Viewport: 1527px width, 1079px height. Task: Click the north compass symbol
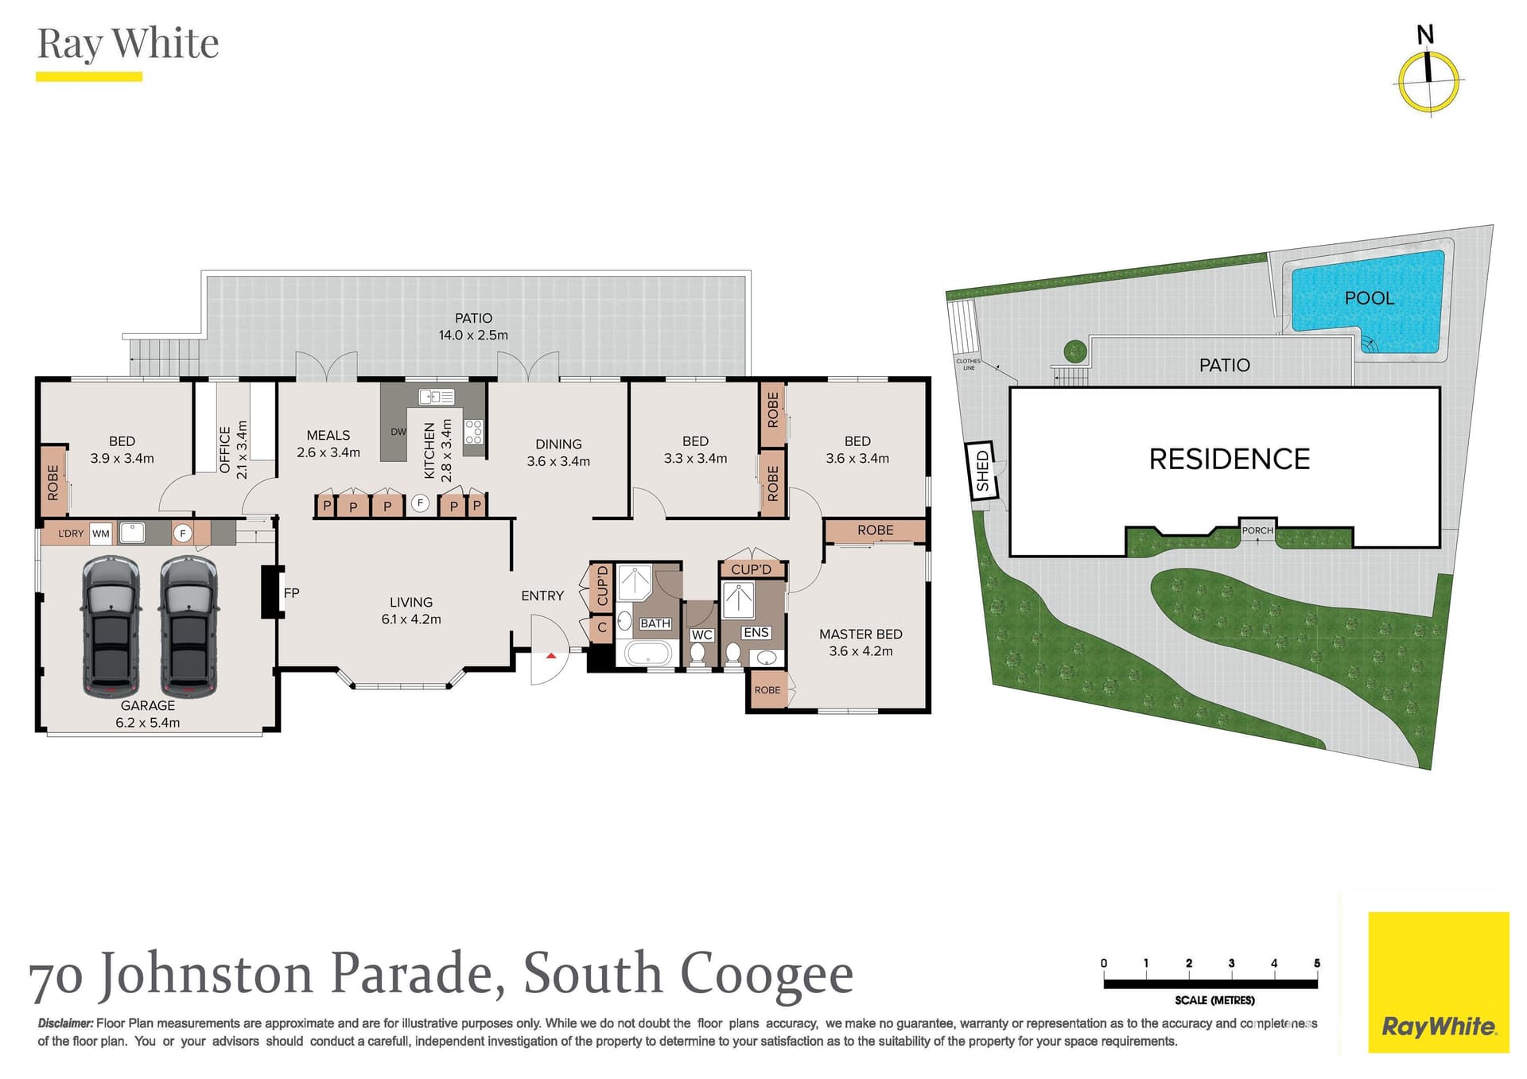point(1428,80)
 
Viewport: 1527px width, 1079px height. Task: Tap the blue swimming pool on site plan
point(1368,302)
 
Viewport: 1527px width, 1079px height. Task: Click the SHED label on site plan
point(982,471)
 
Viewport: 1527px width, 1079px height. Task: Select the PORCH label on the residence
point(1257,530)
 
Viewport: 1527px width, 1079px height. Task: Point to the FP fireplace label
point(291,593)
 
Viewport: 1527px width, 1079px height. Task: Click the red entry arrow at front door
point(550,656)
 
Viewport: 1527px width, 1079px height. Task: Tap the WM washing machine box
point(100,534)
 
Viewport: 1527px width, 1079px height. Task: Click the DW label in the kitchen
point(398,432)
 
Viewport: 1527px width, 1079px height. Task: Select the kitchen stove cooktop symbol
point(473,432)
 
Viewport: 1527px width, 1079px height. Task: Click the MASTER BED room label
point(861,635)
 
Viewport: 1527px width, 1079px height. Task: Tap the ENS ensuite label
point(756,633)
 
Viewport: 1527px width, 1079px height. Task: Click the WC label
point(701,635)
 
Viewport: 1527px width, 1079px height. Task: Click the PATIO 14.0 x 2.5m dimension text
point(473,336)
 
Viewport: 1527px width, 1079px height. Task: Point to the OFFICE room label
point(225,450)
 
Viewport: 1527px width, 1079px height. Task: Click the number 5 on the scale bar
point(1316,964)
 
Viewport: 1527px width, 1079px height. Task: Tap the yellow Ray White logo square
point(1438,982)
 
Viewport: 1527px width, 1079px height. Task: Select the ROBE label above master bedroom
point(875,530)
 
